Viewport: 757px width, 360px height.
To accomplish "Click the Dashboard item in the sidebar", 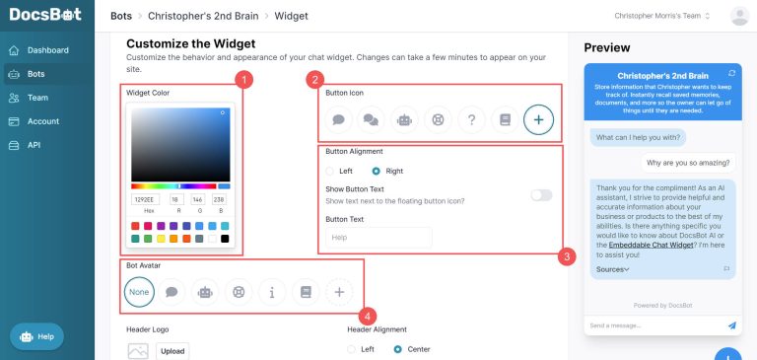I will [47, 49].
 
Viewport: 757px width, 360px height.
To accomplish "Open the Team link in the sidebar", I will [37, 98].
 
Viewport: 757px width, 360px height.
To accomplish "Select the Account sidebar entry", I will [42, 121].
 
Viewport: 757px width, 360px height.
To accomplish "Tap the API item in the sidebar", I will [34, 145].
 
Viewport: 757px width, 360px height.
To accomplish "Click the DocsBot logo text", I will [45, 16].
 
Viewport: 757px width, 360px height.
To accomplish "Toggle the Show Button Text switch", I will [541, 194].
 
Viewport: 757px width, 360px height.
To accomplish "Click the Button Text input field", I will [378, 238].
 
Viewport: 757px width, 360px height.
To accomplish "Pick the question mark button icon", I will [471, 119].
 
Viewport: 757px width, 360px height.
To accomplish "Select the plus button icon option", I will [538, 119].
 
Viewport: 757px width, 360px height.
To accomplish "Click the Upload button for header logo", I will [172, 350].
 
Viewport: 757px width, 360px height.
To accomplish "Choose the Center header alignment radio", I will [398, 348].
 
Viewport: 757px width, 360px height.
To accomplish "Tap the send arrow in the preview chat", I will [731, 324].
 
